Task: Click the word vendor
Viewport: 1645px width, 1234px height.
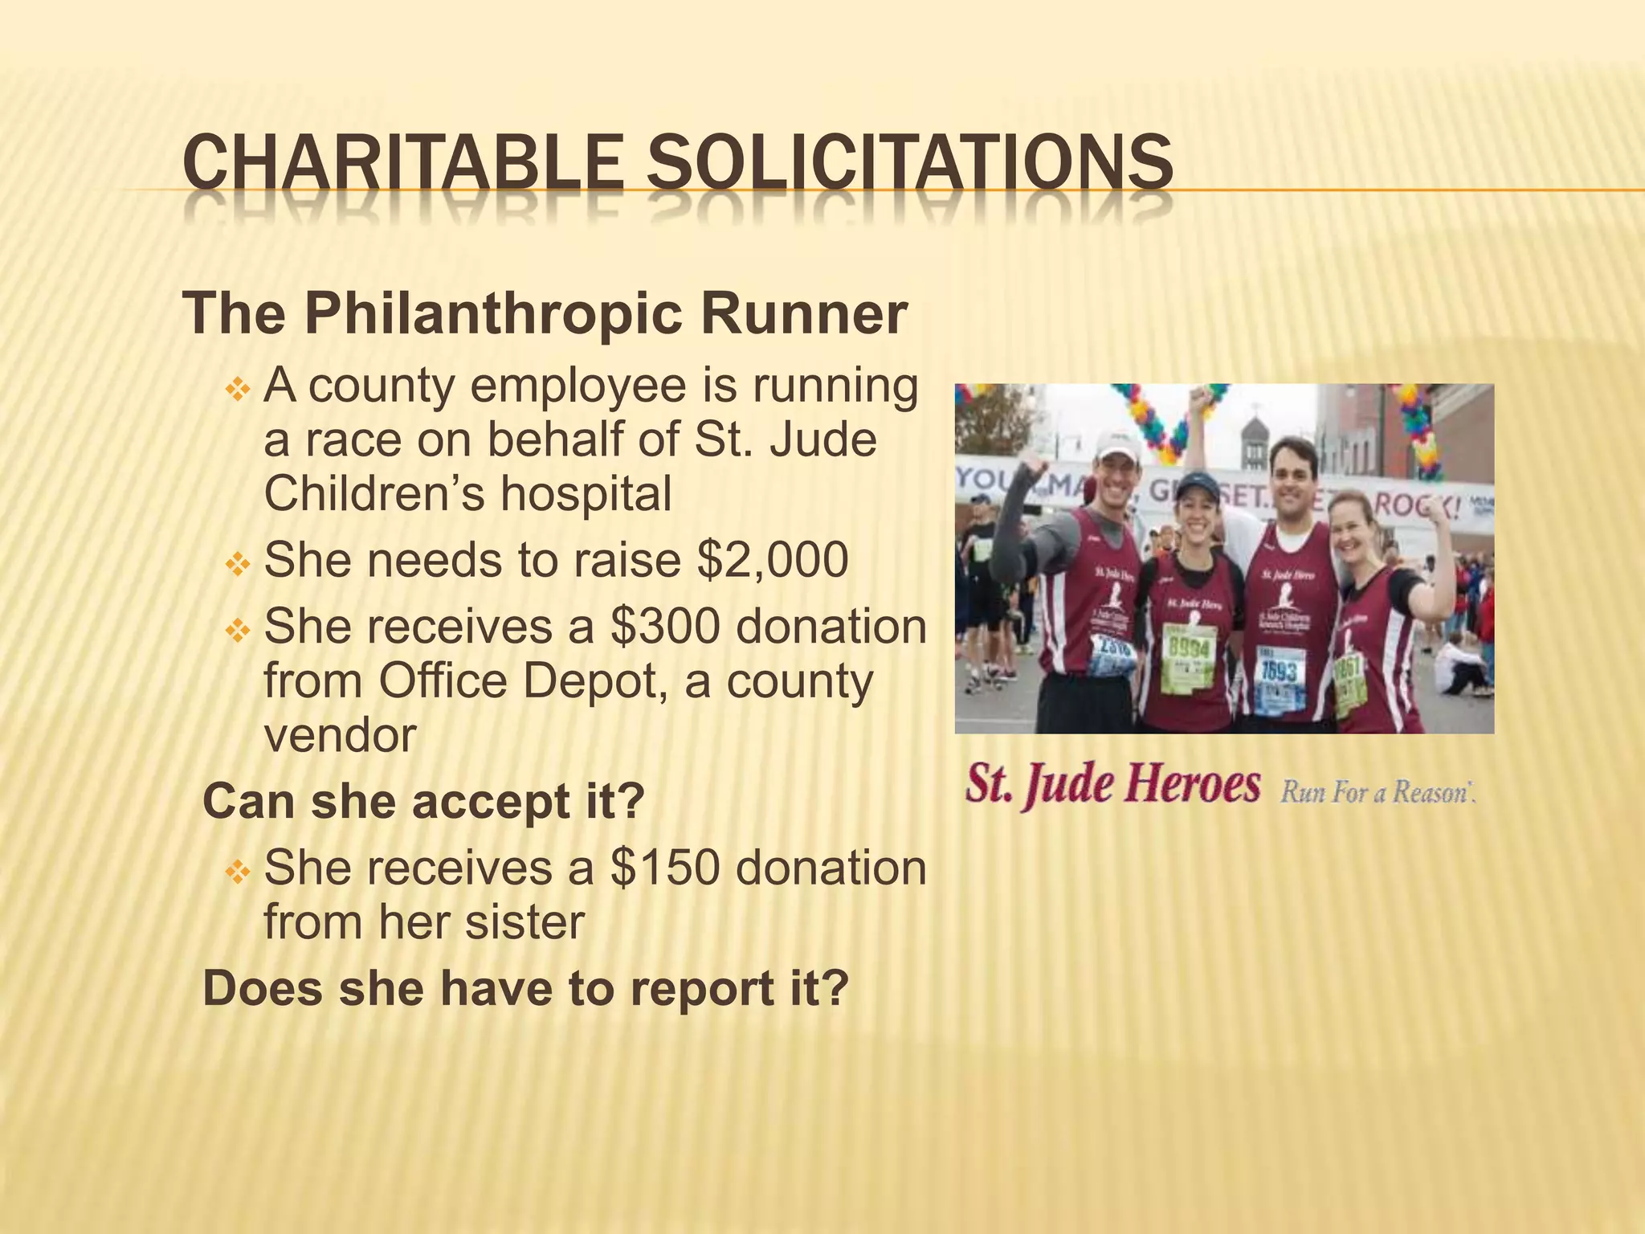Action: [340, 734]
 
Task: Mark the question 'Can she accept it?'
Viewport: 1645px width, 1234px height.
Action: [424, 801]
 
